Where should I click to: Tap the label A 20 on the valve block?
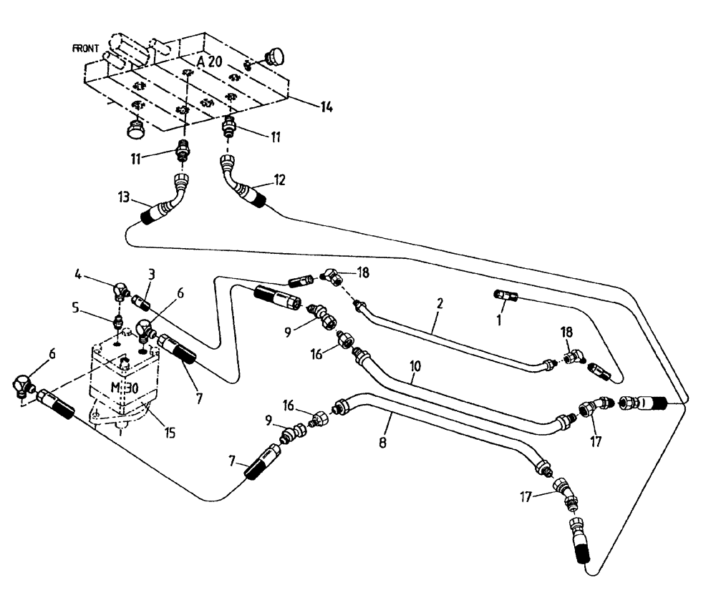coord(211,62)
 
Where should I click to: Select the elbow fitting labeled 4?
coord(121,290)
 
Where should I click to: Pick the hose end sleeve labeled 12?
coord(253,194)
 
